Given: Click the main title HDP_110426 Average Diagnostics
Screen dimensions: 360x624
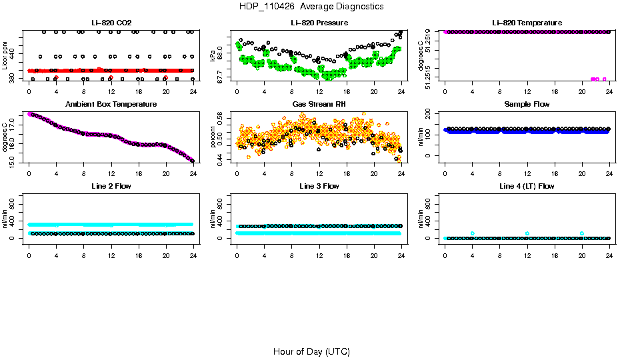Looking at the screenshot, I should (311, 7).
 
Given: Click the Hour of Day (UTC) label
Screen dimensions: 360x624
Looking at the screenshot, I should (311, 351).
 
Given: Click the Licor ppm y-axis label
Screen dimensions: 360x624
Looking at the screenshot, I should (5, 57).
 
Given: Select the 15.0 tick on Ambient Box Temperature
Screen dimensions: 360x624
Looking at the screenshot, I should (13, 160).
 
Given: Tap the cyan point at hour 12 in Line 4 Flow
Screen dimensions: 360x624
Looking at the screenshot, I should (527, 233).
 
